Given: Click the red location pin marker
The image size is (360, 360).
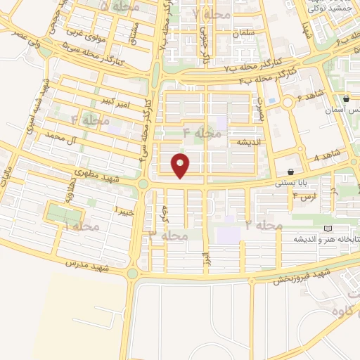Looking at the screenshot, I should click(x=181, y=165).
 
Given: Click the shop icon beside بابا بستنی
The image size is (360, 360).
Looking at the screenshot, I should click(x=291, y=172).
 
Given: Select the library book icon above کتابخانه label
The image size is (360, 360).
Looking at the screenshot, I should click(x=327, y=229).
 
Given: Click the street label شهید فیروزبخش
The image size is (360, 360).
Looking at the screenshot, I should click(x=303, y=274).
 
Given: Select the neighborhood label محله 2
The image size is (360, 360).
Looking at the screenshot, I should click(x=264, y=225).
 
